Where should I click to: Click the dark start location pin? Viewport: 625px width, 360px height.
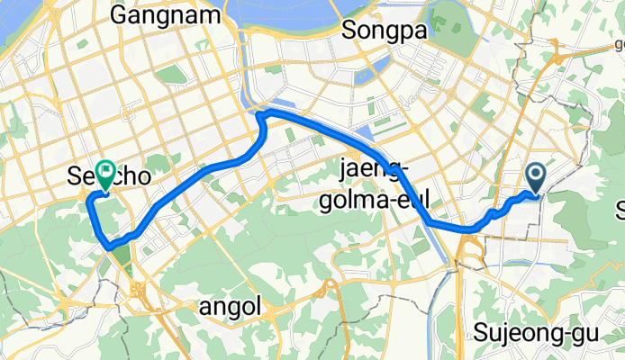(536, 176)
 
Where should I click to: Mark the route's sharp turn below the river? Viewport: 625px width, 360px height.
(259, 113)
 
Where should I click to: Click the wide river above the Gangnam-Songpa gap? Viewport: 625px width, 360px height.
(279, 13)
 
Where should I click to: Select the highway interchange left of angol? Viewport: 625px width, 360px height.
(138, 290)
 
